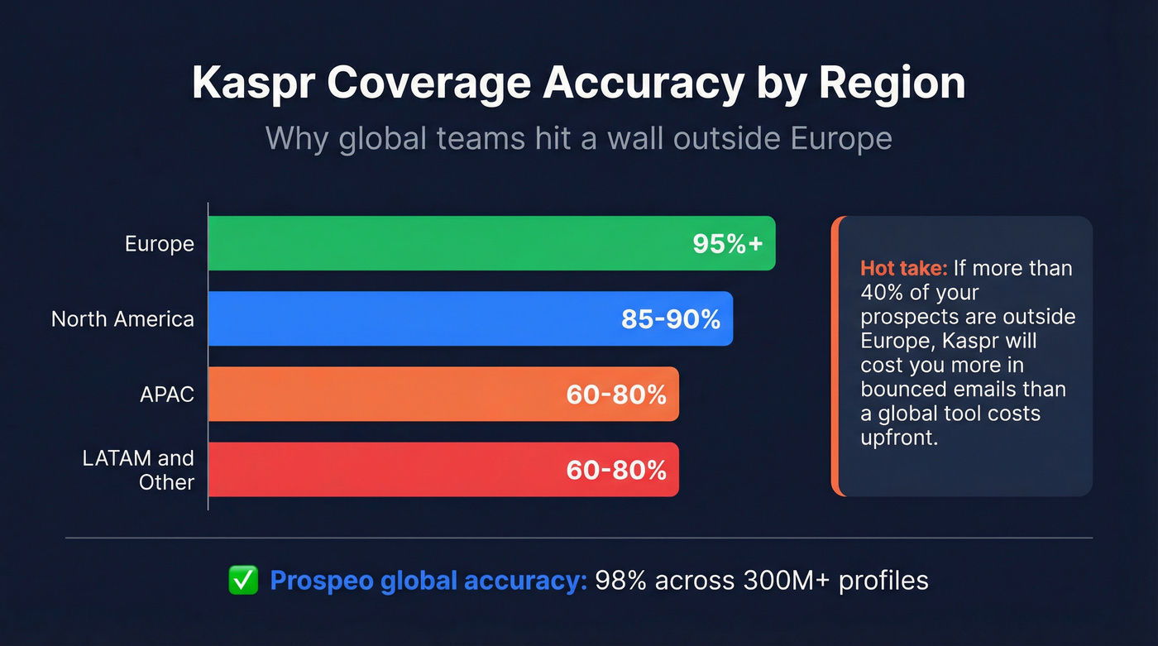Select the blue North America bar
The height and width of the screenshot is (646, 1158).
414,318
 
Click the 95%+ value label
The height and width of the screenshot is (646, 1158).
728,244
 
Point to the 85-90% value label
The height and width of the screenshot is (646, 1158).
671,319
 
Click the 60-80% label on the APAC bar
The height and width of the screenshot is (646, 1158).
616,395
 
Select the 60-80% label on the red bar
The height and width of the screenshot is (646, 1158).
616,470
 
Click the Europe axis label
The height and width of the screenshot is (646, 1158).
160,244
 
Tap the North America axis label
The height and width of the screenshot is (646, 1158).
122,319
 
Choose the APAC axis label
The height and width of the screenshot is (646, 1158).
167,395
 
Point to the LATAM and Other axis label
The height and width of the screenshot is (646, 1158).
139,470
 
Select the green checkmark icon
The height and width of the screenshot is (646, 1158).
243,581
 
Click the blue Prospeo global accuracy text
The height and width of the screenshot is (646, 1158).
428,581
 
